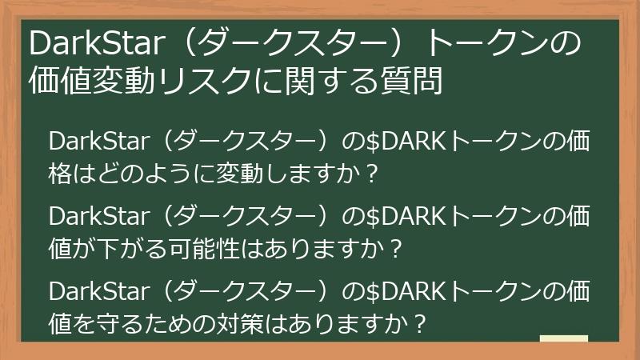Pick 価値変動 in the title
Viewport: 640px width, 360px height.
pos(97,80)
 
